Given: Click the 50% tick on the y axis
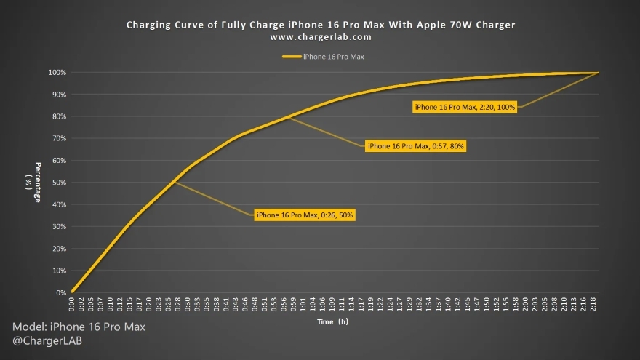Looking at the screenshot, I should pos(59,183).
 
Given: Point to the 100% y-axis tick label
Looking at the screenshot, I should pos(57,73).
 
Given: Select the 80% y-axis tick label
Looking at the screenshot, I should pos(59,116).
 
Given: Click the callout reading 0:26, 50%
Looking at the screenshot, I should pos(305,215).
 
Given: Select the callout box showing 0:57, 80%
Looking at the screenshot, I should pos(416,146).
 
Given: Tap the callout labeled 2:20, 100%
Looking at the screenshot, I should pos(465,108).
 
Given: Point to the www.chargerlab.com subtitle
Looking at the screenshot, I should pos(320,36).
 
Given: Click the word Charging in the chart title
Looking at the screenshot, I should pos(148,25).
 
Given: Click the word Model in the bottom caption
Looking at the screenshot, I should pos(28,327).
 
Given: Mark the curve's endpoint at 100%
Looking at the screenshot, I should pos(598,73).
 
